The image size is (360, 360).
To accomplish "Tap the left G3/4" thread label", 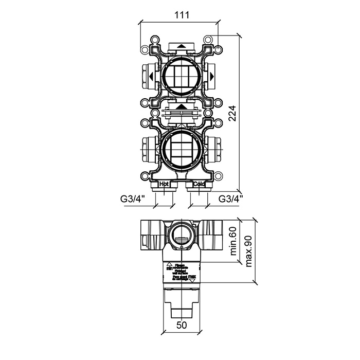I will pos(132,198).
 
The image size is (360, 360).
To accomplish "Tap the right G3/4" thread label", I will pos(231,198).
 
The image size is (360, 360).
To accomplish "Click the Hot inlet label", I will pos(164,184).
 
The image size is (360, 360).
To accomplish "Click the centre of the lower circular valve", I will pos(181,151).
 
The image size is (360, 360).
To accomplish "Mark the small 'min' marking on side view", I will pos(170,268).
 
